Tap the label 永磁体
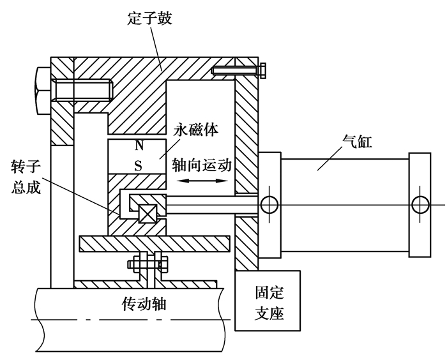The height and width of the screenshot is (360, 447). coord(196,130)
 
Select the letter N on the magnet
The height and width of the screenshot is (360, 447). coord(139,146)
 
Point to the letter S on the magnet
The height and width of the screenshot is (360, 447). coord(139,165)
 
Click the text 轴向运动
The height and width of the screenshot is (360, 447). coord(201,164)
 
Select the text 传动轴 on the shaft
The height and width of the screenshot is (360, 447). coord(144,304)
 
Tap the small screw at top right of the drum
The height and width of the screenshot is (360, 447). coord(239,70)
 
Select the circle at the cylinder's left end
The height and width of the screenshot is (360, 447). coord(269,205)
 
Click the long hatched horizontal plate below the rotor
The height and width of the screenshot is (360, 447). coord(153,243)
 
